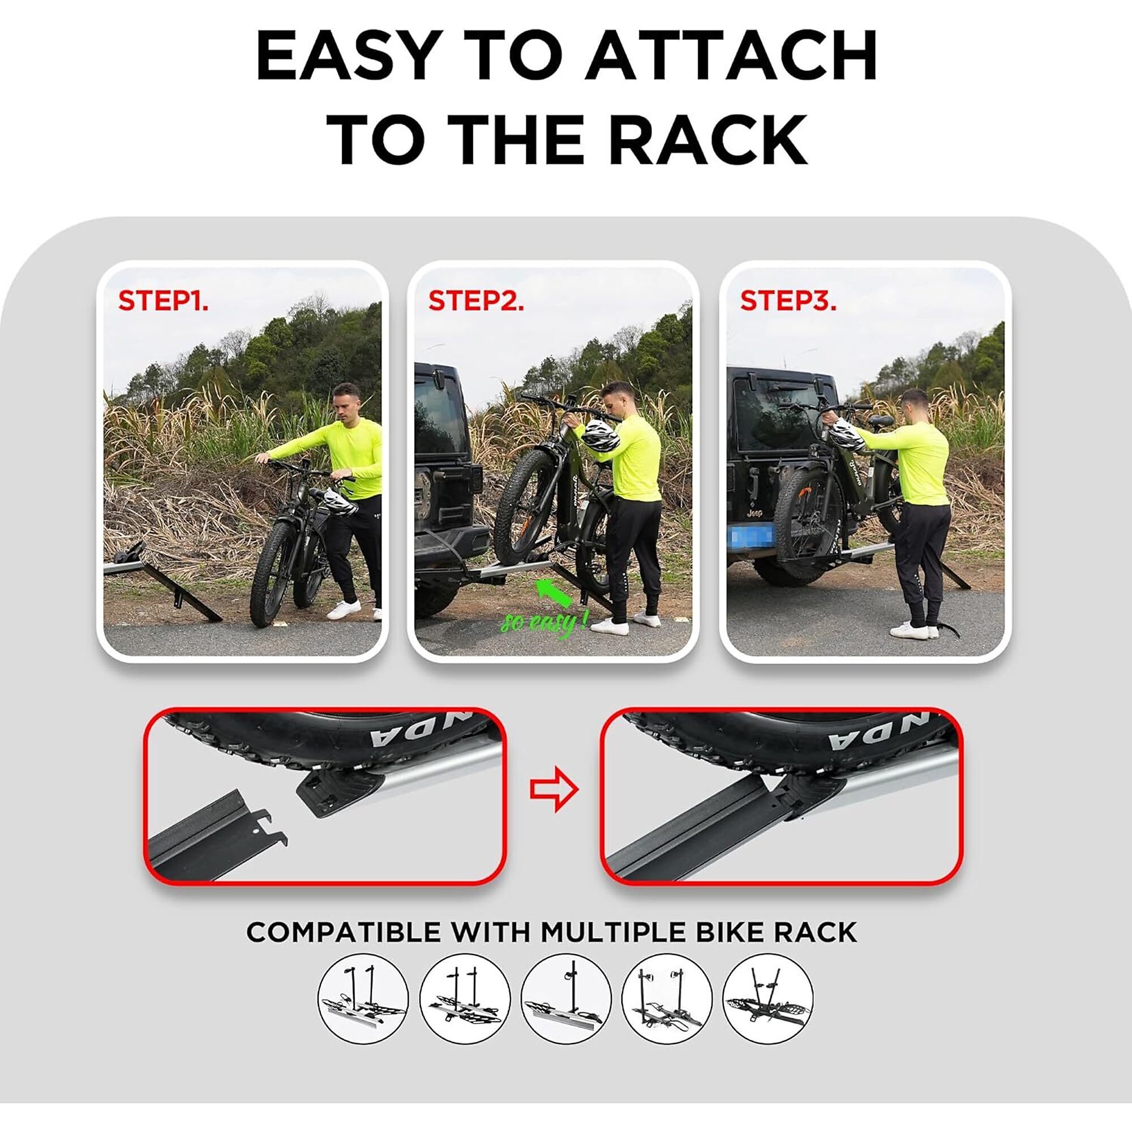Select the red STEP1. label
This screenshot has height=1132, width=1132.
click(x=163, y=301)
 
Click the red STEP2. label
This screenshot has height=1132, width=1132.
click(x=476, y=301)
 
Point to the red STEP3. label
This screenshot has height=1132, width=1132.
click(x=788, y=301)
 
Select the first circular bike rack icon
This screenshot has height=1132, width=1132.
click(x=363, y=998)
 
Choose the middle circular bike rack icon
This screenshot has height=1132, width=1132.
click(x=566, y=998)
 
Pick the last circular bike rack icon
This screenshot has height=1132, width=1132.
click(x=768, y=998)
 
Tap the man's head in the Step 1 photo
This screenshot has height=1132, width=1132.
click(x=346, y=400)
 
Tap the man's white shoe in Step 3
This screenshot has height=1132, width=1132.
click(x=908, y=631)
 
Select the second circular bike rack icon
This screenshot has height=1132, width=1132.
click(x=465, y=998)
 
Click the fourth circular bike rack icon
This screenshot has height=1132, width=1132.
click(x=667, y=998)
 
